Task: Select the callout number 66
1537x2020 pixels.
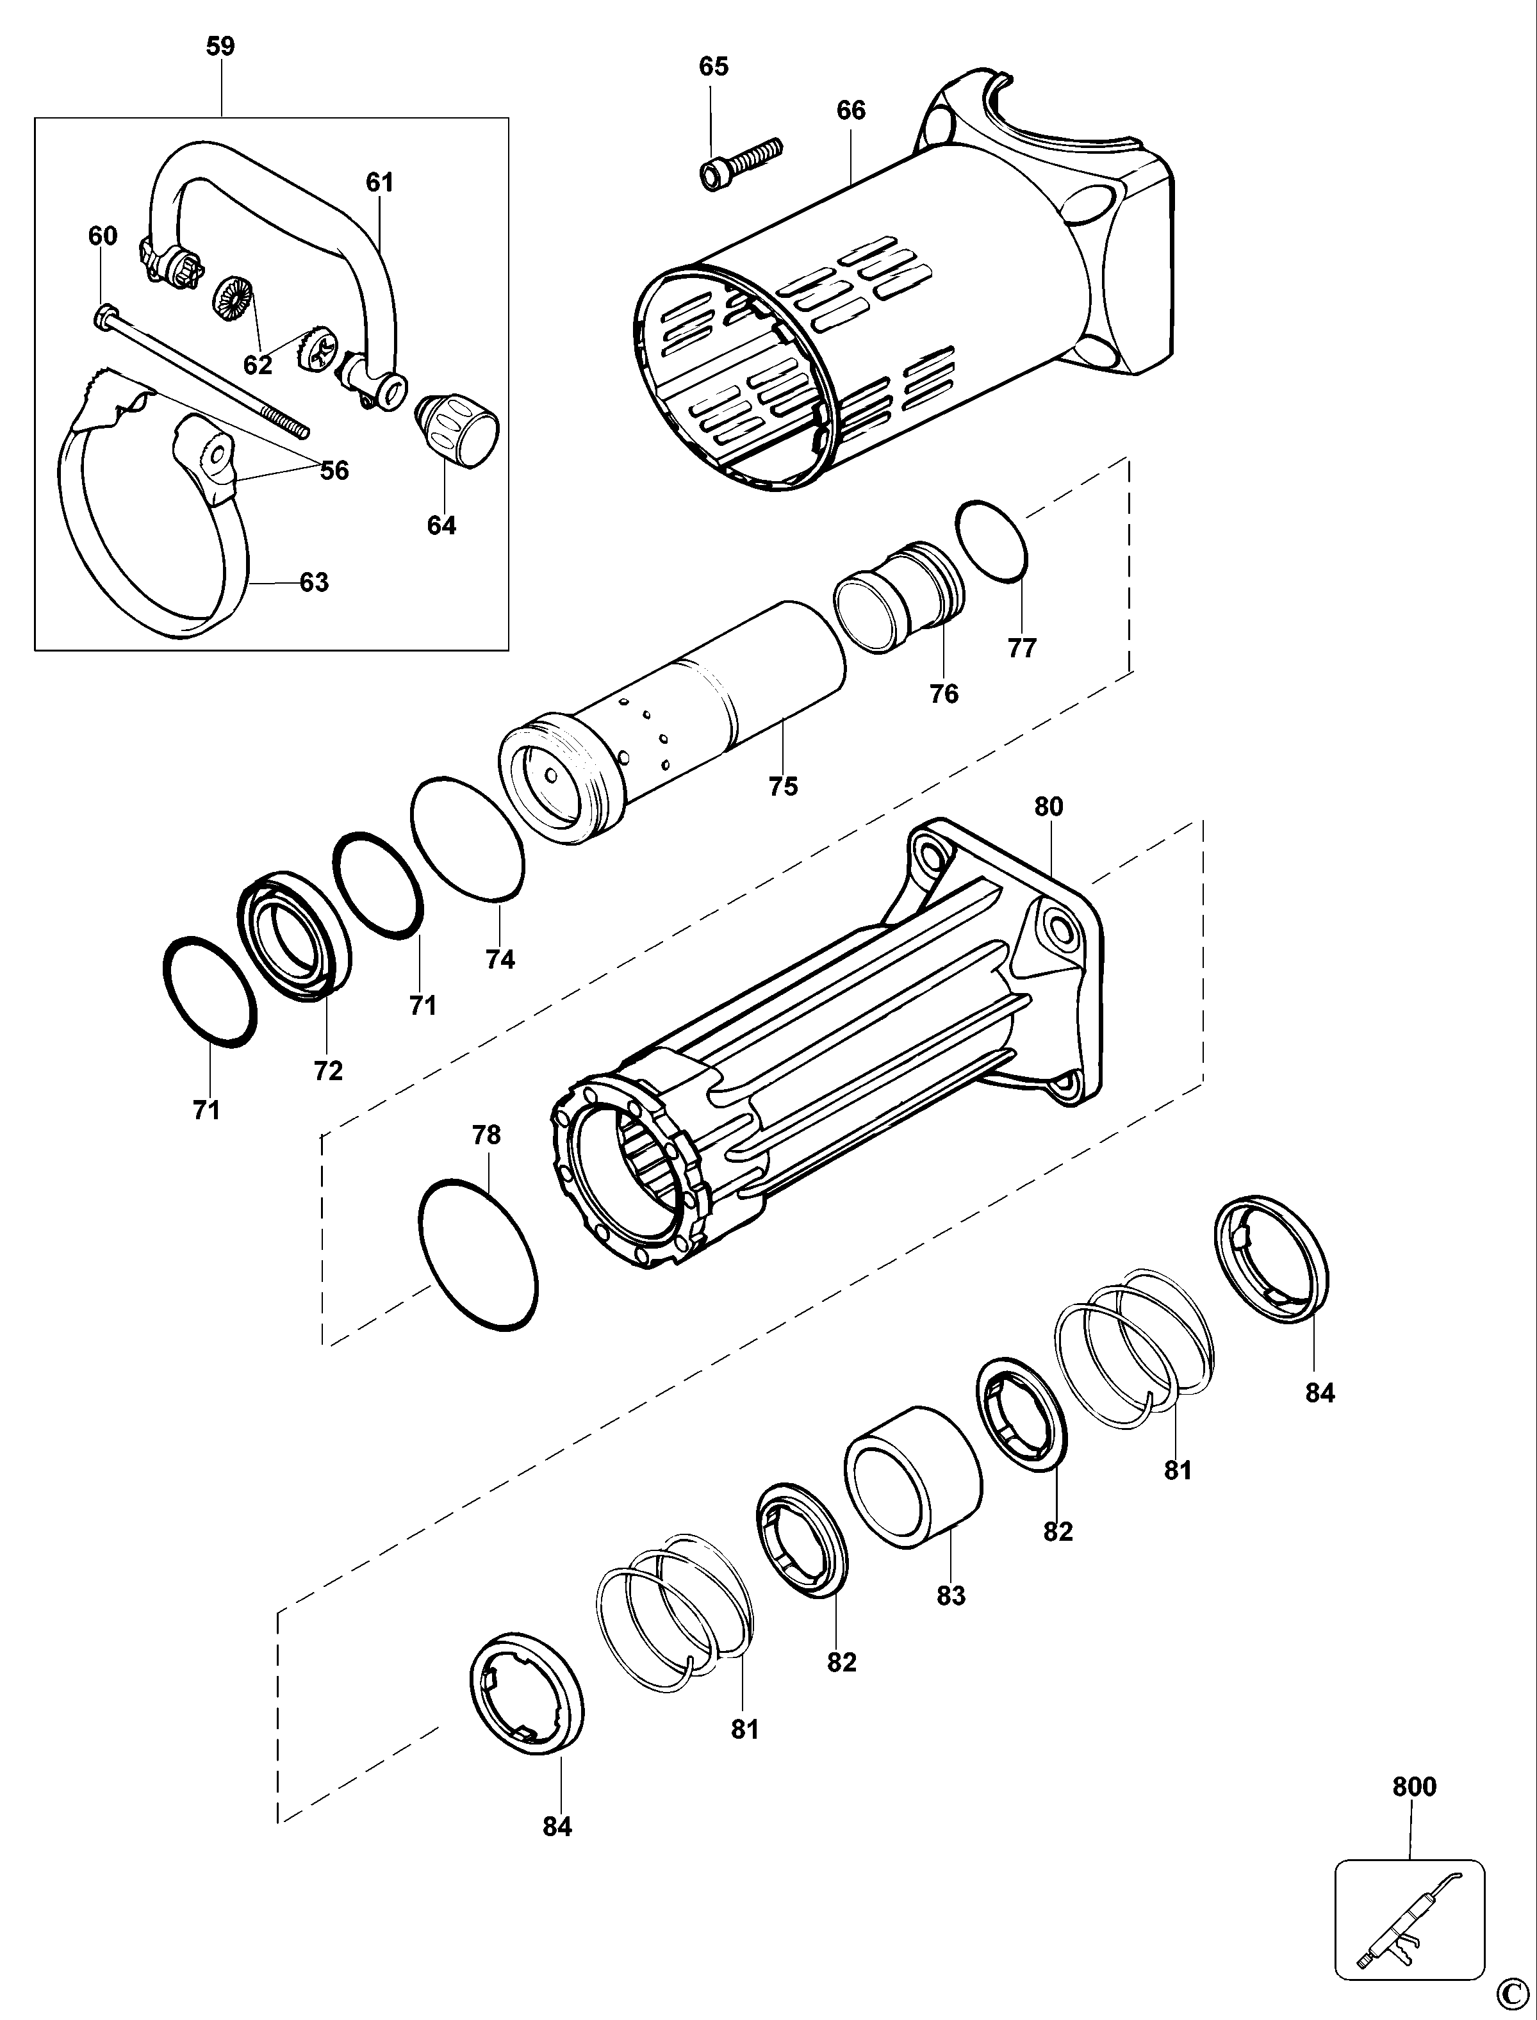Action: [851, 111]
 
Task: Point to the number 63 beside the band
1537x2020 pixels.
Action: [314, 582]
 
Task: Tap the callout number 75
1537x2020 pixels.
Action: [783, 786]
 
